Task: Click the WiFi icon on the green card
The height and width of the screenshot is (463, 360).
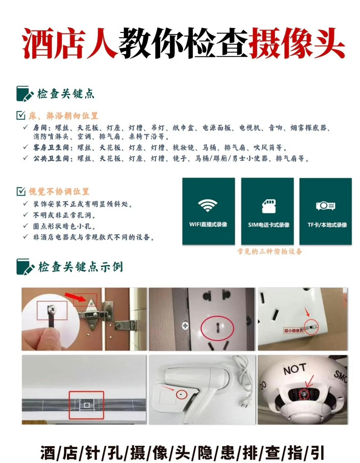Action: [x=208, y=205]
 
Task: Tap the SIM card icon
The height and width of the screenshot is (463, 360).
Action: [x=269, y=206]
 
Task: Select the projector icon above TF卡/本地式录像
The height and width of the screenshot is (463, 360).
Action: [x=325, y=206]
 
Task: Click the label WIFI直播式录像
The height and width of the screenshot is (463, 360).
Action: [x=208, y=224]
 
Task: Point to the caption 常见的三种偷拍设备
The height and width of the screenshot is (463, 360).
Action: [x=269, y=251]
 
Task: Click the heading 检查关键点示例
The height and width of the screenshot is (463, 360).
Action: [x=80, y=267]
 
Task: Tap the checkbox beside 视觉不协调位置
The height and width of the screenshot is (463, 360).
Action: [x=21, y=191]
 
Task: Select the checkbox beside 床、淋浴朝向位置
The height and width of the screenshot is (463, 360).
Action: [x=21, y=115]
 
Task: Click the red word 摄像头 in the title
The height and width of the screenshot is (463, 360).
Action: [x=297, y=44]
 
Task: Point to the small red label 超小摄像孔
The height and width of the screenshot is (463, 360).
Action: [x=293, y=331]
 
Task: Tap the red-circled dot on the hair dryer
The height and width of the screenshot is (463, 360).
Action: [x=180, y=394]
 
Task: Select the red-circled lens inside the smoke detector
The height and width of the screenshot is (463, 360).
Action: [x=304, y=394]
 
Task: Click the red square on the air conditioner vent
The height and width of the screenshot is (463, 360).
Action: [x=87, y=405]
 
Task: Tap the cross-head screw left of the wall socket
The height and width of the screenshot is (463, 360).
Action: [x=185, y=326]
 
